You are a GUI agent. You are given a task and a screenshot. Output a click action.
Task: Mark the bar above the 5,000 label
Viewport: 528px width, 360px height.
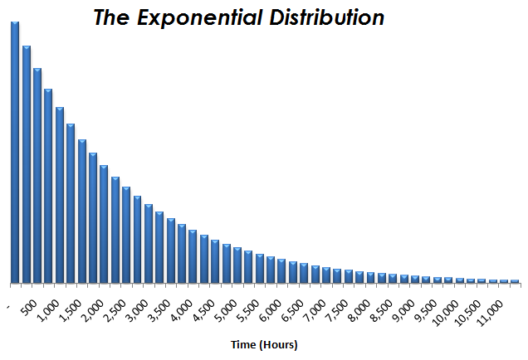[x=237, y=265]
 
